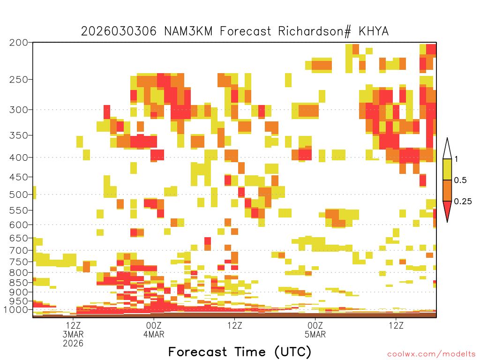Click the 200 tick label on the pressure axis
18,43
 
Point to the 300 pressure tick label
18,110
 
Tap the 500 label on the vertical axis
18,195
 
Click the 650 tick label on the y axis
18,238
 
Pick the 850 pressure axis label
18,283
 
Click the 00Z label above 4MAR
154,325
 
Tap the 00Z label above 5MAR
315,325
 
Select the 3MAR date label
73,334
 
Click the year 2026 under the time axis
73,344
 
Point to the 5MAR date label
315,334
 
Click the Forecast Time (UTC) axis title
240,352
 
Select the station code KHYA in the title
374,31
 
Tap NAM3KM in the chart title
188,31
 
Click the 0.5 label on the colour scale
460,180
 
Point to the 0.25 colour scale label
463,202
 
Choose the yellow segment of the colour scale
447,169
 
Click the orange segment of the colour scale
447,190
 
